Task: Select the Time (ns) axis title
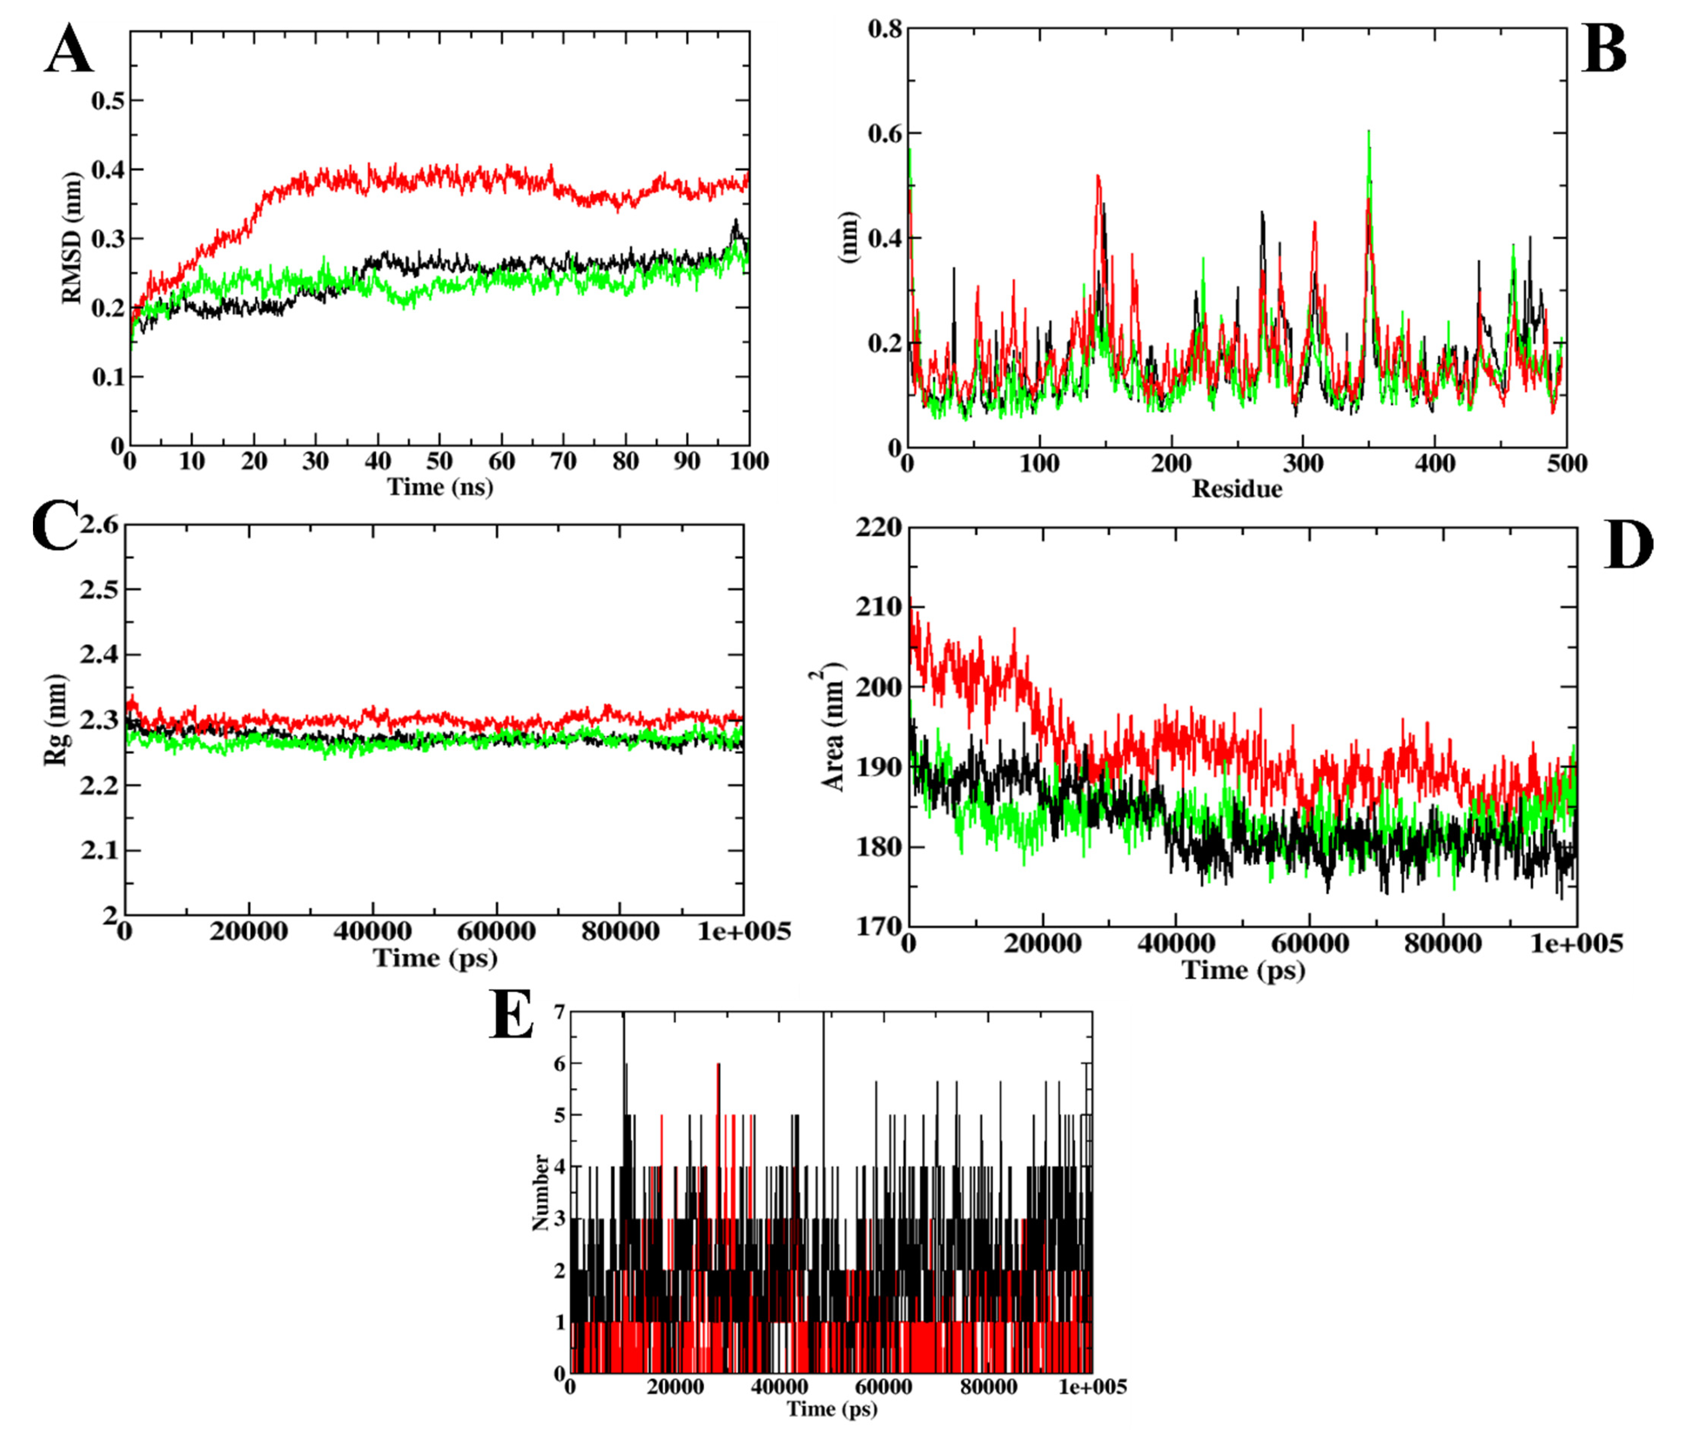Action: (x=440, y=487)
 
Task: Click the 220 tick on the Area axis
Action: (x=879, y=528)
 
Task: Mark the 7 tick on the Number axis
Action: (x=558, y=1013)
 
